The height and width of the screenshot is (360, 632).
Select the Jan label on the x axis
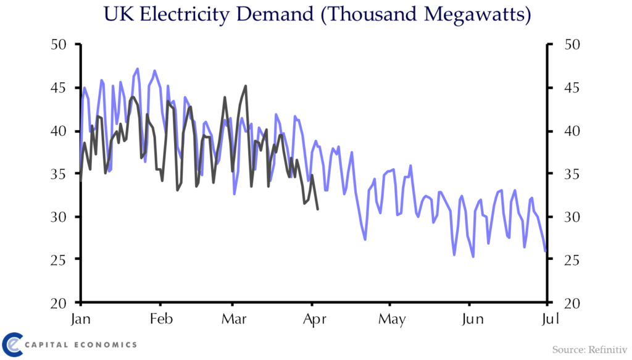tap(81, 319)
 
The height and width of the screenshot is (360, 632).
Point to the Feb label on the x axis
tap(161, 319)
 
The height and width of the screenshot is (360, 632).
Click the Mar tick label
tap(234, 319)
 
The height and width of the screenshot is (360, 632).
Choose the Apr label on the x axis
tap(314, 319)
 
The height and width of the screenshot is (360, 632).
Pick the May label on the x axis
tap(392, 319)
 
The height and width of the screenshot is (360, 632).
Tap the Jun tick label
tap(472, 319)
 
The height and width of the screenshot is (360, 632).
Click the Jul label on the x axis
tap(550, 319)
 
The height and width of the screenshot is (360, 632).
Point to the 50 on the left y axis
tap(59, 44)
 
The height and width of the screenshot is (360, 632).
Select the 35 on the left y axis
tap(59, 174)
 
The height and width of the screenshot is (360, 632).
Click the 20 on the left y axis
tap(59, 303)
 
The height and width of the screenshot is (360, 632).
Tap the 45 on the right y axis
tap(572, 88)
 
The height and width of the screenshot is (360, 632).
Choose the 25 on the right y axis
tap(572, 260)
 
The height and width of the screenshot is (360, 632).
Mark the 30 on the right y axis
tap(572, 217)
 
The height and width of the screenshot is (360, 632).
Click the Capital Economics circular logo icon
tap(12, 345)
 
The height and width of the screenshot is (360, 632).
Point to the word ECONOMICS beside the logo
tap(106, 345)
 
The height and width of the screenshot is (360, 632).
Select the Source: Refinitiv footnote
tap(589, 349)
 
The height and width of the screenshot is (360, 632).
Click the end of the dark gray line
tap(318, 209)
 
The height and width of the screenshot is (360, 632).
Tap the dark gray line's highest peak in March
tap(246, 86)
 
